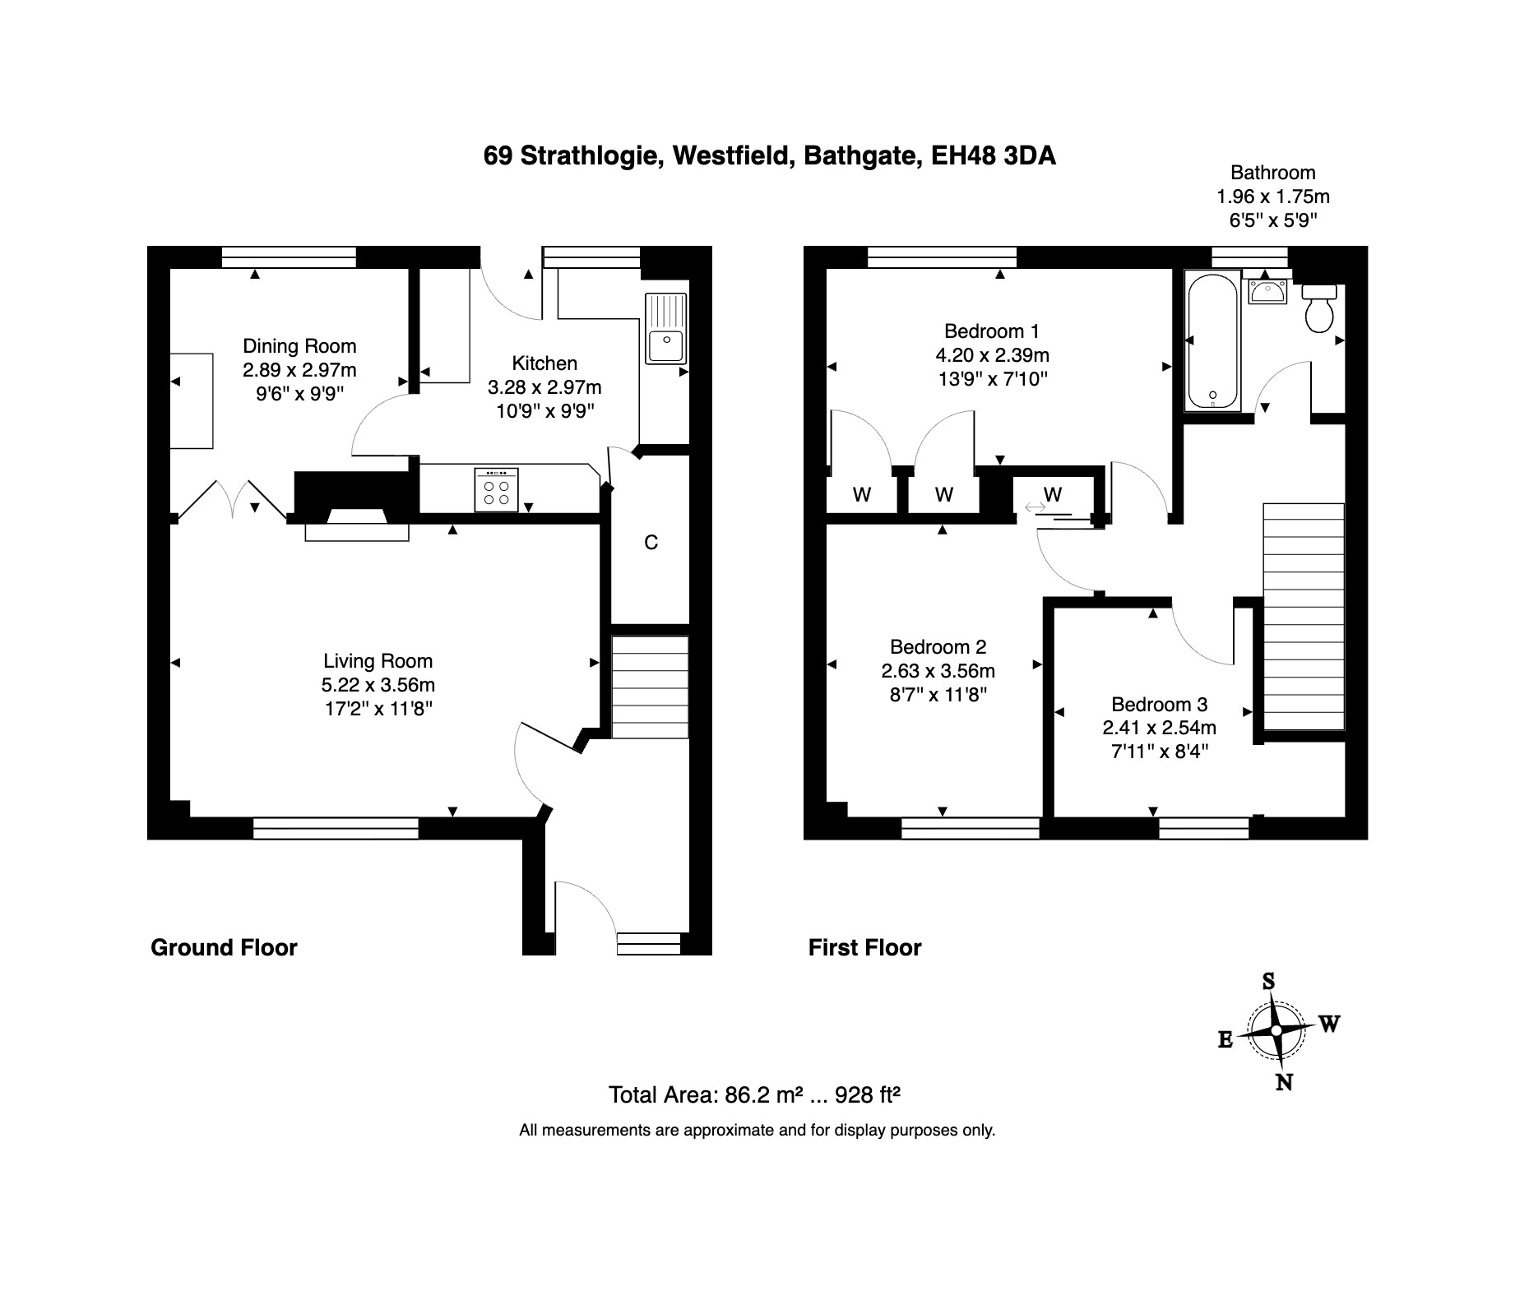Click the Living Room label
tap(378, 661)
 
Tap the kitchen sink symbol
tap(665, 329)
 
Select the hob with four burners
tap(497, 489)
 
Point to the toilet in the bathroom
tap(1319, 308)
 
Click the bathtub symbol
tap(1212, 341)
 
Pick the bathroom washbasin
tap(1267, 291)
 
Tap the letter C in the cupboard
tap(651, 543)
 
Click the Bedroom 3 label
tap(1159, 705)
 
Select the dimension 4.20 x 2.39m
tap(992, 355)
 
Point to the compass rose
tap(1276, 1030)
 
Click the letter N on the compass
tap(1284, 1082)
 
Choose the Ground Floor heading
tap(224, 948)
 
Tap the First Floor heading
tap(864, 948)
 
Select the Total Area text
tap(754, 1095)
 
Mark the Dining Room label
tap(299, 346)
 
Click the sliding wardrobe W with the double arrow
tap(1053, 495)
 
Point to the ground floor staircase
tap(650, 687)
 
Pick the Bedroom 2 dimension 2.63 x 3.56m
tap(938, 671)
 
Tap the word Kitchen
tap(544, 363)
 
